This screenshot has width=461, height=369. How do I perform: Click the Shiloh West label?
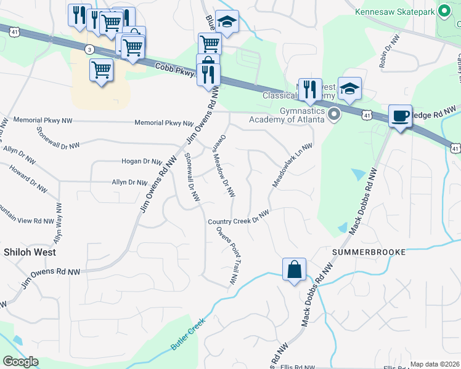point(30,252)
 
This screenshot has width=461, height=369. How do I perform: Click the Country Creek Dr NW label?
point(239,218)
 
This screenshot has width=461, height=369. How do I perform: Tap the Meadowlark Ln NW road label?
point(293,166)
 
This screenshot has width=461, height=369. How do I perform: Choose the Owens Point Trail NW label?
point(227,255)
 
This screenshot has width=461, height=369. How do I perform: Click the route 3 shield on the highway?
point(90,49)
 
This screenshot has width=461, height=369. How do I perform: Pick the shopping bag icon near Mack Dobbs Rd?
point(294,269)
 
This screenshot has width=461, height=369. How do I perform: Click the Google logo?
point(21,362)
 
